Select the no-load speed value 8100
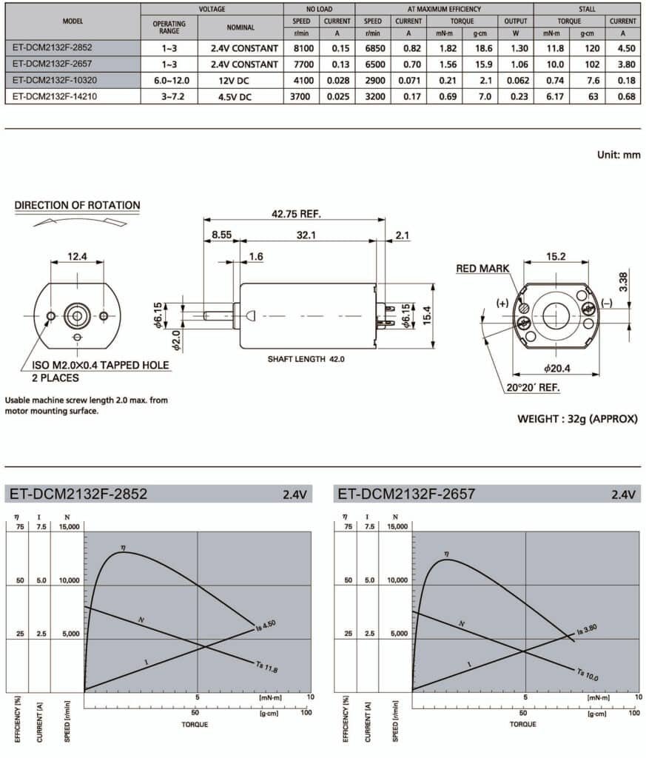pyautogui.click(x=301, y=47)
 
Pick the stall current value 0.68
pyautogui.click(x=622, y=96)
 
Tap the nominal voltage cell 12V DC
pyautogui.click(x=240, y=80)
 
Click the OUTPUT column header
pyautogui.click(x=516, y=21)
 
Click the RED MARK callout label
pyautogui.click(x=482, y=269)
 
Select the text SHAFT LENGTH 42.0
pyautogui.click(x=306, y=358)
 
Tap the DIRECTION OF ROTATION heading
pyautogui.click(x=77, y=205)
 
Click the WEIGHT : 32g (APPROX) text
pyautogui.click(x=576, y=418)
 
